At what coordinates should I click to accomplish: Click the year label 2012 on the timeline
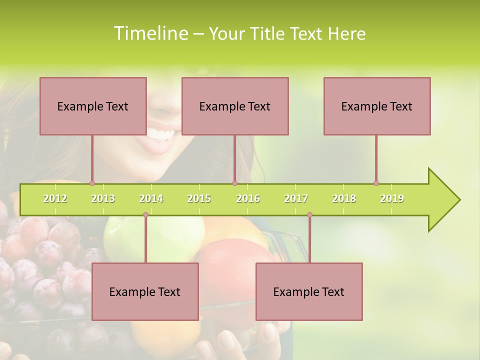coord(55,198)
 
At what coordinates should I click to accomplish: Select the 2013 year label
coord(103,198)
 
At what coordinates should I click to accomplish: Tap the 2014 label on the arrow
coord(151,198)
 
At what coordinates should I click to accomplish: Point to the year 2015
coord(199,198)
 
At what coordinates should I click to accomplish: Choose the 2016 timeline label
coord(248,198)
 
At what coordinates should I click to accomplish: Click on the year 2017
coord(296,198)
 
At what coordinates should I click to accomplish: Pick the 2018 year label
coord(344,198)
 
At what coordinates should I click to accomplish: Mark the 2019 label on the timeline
coord(392,198)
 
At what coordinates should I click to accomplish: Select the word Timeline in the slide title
coord(150,33)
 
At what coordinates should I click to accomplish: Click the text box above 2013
coord(93,106)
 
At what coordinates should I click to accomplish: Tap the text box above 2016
coord(235,106)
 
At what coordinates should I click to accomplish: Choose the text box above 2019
coord(377,106)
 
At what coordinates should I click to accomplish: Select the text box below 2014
coord(145,291)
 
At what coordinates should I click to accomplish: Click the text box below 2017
coord(309,291)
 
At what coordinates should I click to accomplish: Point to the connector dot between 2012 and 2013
coord(92,183)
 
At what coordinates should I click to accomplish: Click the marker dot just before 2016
coord(234,183)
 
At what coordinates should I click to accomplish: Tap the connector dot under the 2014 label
coord(145,215)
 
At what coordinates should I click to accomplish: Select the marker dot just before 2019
coord(376,183)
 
